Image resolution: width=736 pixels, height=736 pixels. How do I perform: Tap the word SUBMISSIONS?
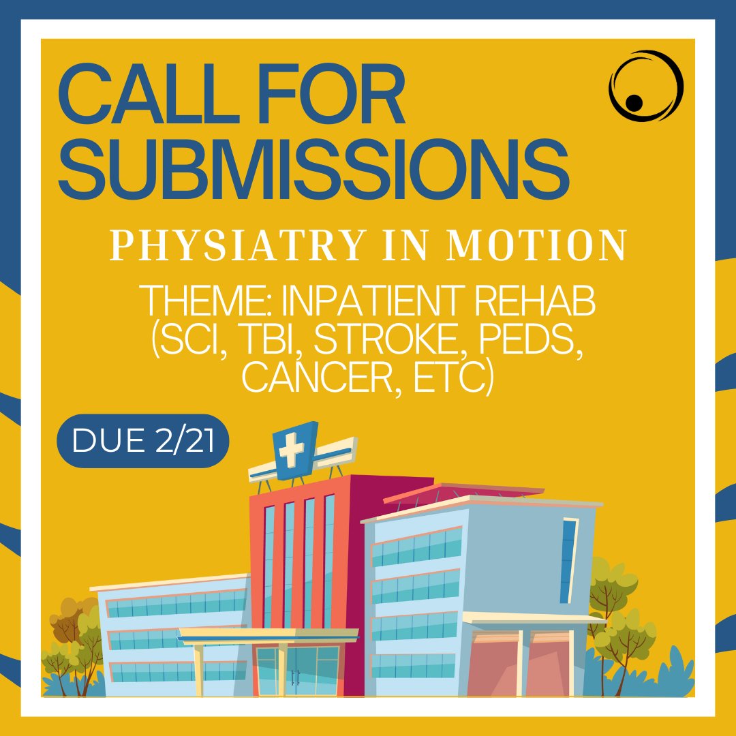(313, 167)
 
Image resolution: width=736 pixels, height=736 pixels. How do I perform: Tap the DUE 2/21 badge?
(142, 441)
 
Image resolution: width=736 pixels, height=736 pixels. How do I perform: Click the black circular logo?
(644, 87)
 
